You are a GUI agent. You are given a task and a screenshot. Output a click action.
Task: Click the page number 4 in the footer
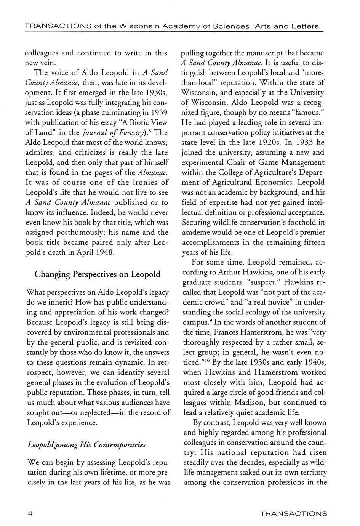click(29, 513)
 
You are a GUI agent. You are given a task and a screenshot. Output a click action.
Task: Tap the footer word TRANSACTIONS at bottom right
click(293, 513)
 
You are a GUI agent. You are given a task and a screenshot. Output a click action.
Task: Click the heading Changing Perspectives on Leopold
click(98, 274)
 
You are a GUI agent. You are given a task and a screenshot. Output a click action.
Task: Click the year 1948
click(102, 252)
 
